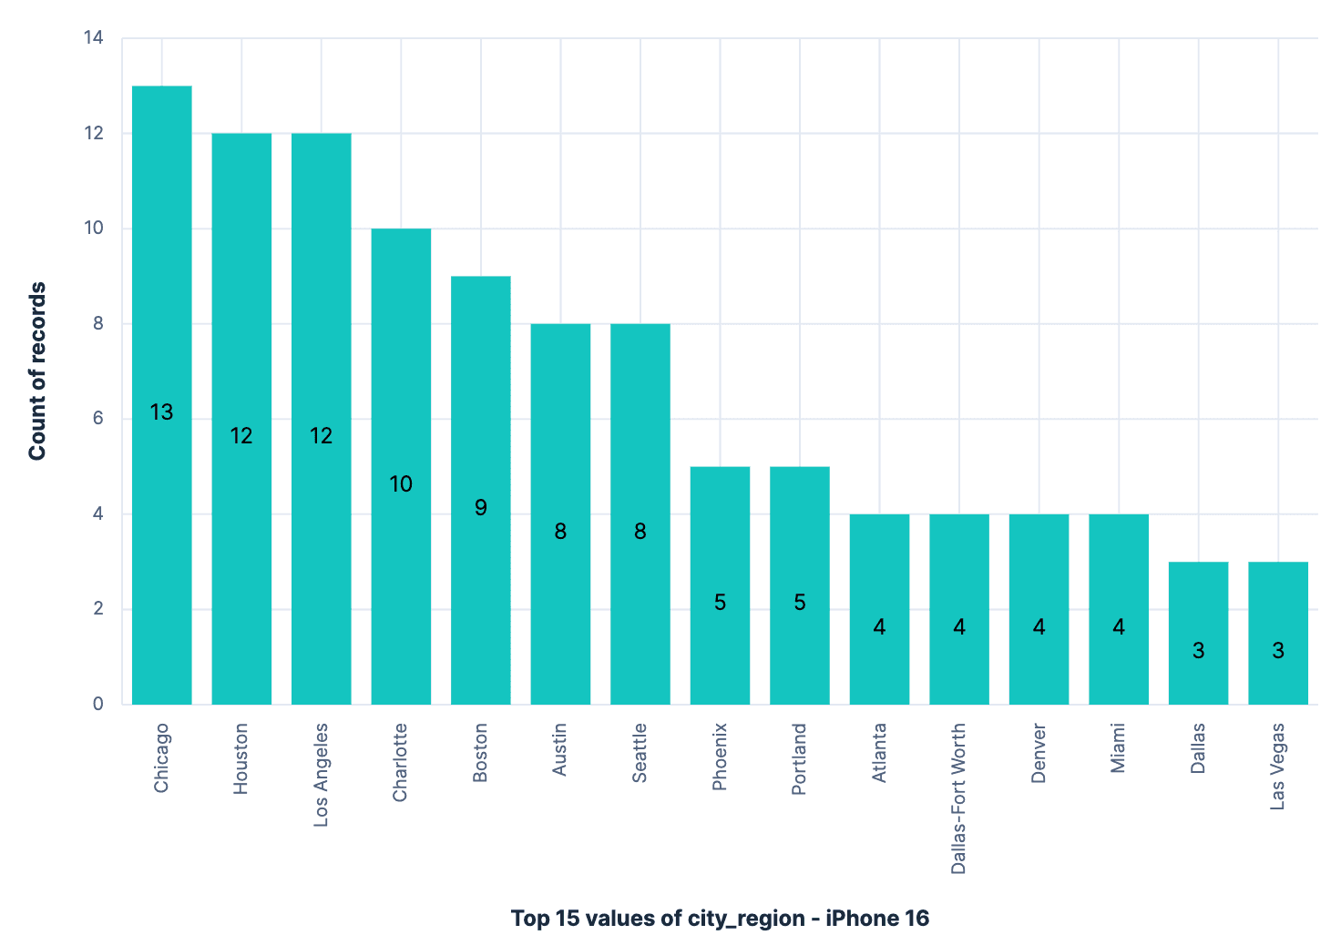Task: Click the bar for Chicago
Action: (161, 273)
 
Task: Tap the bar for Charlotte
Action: (401, 364)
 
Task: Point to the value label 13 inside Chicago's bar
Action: (161, 412)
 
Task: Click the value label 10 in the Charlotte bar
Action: (401, 483)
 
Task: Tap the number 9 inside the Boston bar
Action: (481, 507)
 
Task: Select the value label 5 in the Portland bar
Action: (800, 602)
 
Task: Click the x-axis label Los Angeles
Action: (321, 775)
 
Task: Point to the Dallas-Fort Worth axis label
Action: (958, 798)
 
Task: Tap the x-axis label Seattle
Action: (640, 752)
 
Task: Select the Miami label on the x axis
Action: (1118, 748)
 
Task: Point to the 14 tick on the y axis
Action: (94, 38)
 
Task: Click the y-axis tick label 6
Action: (98, 419)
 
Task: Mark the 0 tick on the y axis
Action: (98, 704)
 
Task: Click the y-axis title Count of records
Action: (37, 371)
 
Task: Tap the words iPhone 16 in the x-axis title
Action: (876, 918)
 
